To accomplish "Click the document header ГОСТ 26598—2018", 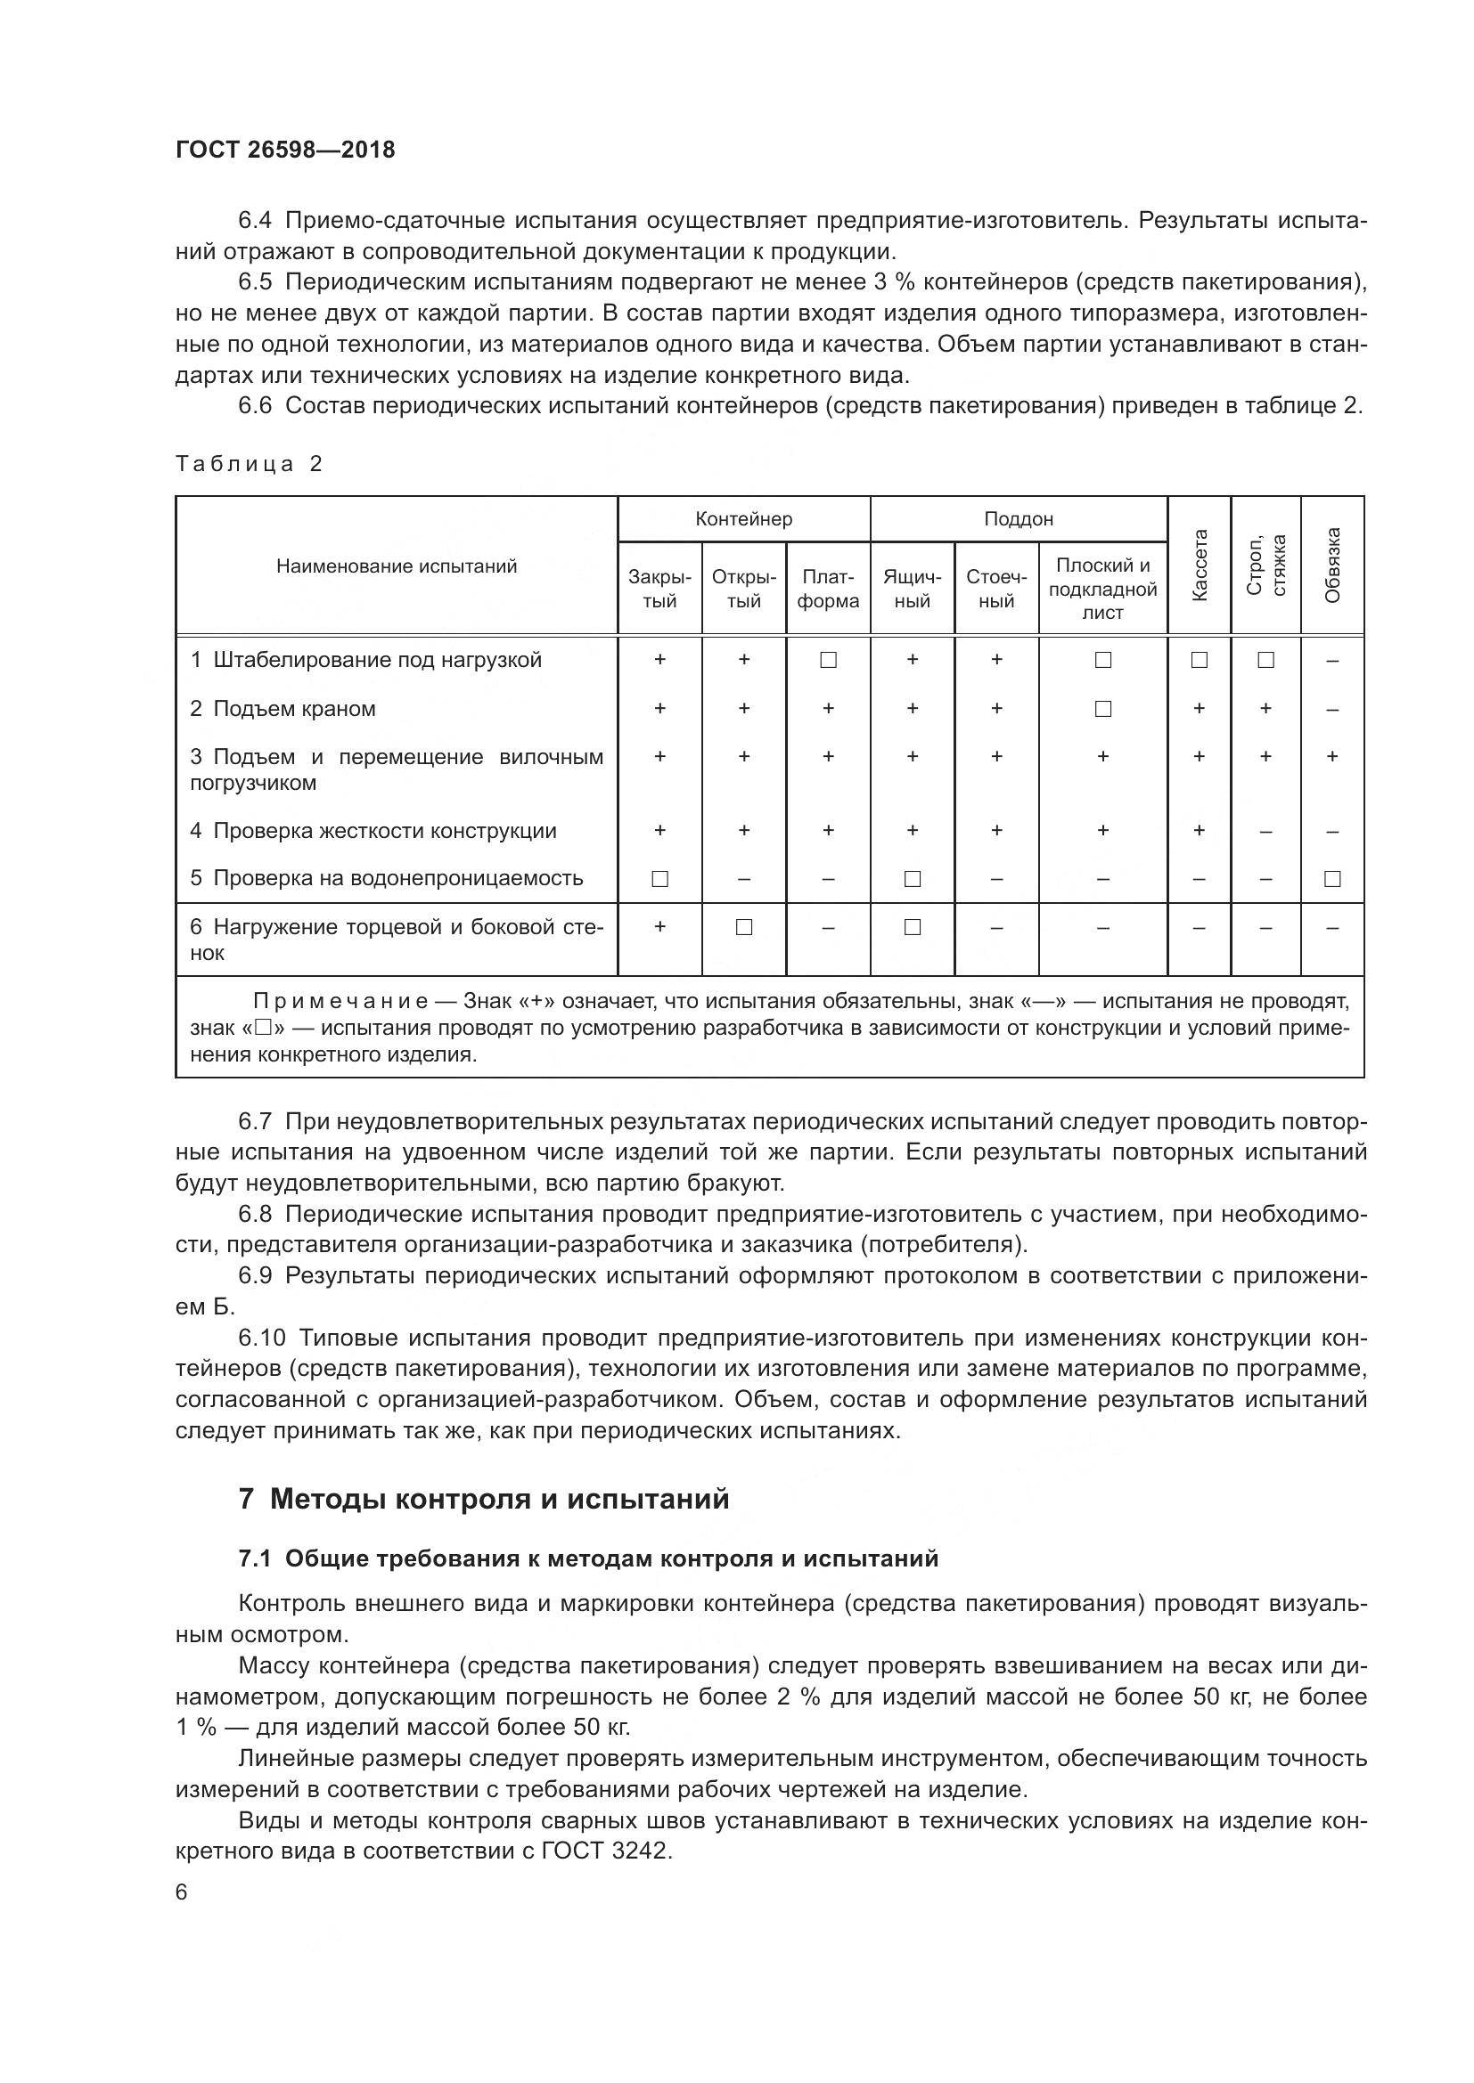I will click(285, 150).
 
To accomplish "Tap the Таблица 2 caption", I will click(249, 465).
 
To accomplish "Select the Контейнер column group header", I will click(743, 519).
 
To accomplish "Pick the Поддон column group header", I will click(1019, 519).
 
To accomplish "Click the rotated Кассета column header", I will click(1199, 565).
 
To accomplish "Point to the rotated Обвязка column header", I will click(1332, 565).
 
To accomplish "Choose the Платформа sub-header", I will click(828, 589).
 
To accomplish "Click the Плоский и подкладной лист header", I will click(1102, 589).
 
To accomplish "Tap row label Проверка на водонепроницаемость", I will click(387, 878).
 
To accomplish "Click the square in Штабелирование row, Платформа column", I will click(828, 661).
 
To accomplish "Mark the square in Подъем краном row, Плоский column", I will click(1102, 709).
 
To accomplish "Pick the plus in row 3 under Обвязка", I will click(1332, 756).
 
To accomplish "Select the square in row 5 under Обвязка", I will click(1332, 878).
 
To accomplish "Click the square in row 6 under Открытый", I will click(743, 927).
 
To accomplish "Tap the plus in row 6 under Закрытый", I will click(659, 926).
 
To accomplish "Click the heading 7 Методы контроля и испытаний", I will click(484, 1499).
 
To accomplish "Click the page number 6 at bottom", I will click(182, 1892).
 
